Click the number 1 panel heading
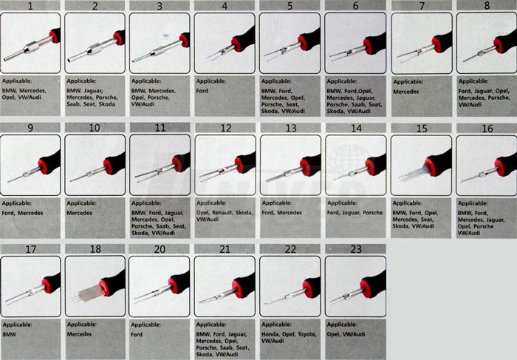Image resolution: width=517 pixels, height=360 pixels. click(x=30, y=6)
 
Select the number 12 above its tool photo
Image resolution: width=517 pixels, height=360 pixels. click(x=225, y=128)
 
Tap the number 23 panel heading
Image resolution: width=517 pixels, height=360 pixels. click(x=356, y=249)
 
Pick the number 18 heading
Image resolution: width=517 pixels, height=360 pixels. click(x=95, y=249)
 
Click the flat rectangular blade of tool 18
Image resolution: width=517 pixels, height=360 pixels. click(x=90, y=293)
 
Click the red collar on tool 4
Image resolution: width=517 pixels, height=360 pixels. click(x=236, y=45)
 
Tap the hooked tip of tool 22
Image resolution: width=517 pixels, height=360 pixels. click(x=267, y=304)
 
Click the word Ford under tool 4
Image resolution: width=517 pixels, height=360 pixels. click(x=202, y=91)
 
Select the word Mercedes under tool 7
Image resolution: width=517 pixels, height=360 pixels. click(x=406, y=92)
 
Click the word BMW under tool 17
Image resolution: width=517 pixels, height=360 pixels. click(x=9, y=334)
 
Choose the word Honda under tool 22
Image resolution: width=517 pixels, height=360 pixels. click(x=270, y=334)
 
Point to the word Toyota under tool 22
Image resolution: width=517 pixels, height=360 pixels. click(x=307, y=334)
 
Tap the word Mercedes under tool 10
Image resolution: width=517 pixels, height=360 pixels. click(x=80, y=213)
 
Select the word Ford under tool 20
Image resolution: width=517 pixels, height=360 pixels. click(x=137, y=334)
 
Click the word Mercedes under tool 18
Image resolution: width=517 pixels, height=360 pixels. click(x=80, y=334)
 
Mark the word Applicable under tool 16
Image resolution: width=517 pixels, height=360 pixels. click(x=473, y=203)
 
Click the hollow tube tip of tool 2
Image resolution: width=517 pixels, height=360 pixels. click(x=69, y=61)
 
